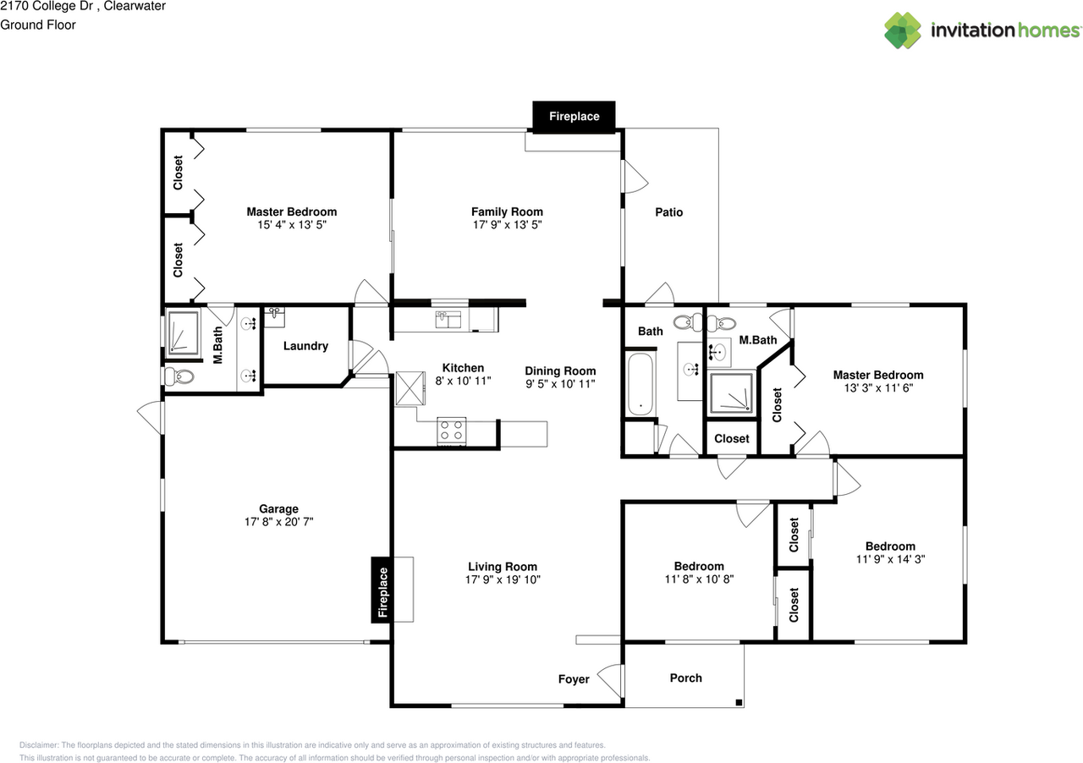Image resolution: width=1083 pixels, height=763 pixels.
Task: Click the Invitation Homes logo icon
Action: click(903, 30)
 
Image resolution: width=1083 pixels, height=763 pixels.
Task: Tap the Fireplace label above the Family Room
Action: click(574, 117)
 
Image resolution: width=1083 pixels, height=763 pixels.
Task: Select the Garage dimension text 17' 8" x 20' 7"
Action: click(278, 523)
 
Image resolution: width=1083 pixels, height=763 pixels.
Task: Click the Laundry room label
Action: click(305, 346)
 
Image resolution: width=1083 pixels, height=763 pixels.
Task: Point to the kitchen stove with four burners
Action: click(451, 431)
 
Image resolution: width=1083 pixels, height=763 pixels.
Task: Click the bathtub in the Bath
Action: click(641, 385)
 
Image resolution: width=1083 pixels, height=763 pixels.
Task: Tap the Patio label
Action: click(668, 212)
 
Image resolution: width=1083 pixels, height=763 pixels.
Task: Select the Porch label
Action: click(685, 678)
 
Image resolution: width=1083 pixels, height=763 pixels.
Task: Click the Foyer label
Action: click(574, 679)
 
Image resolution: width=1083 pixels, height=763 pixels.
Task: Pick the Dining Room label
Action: click(560, 371)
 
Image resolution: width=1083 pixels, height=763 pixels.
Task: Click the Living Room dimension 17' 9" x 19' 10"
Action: click(503, 580)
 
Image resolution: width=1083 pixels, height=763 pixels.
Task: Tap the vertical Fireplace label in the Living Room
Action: click(382, 591)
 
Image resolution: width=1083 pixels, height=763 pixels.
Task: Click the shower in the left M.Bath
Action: click(182, 332)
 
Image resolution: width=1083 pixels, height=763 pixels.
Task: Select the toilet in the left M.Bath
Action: click(179, 376)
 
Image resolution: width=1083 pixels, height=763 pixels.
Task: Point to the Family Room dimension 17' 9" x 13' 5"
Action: click(507, 225)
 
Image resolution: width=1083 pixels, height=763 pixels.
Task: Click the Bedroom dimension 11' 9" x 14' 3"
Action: click(890, 559)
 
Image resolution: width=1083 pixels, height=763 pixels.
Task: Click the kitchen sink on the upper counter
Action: click(448, 319)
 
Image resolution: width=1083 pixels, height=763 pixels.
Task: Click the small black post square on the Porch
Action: click(739, 702)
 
